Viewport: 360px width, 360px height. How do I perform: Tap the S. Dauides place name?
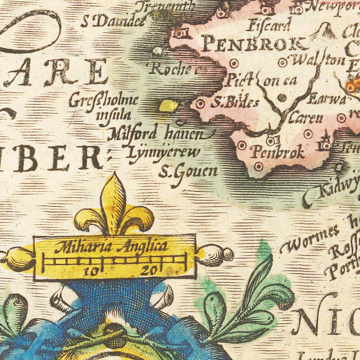113,22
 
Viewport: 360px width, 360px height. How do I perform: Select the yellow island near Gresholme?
168,106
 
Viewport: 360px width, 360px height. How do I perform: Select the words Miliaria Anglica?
111,247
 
